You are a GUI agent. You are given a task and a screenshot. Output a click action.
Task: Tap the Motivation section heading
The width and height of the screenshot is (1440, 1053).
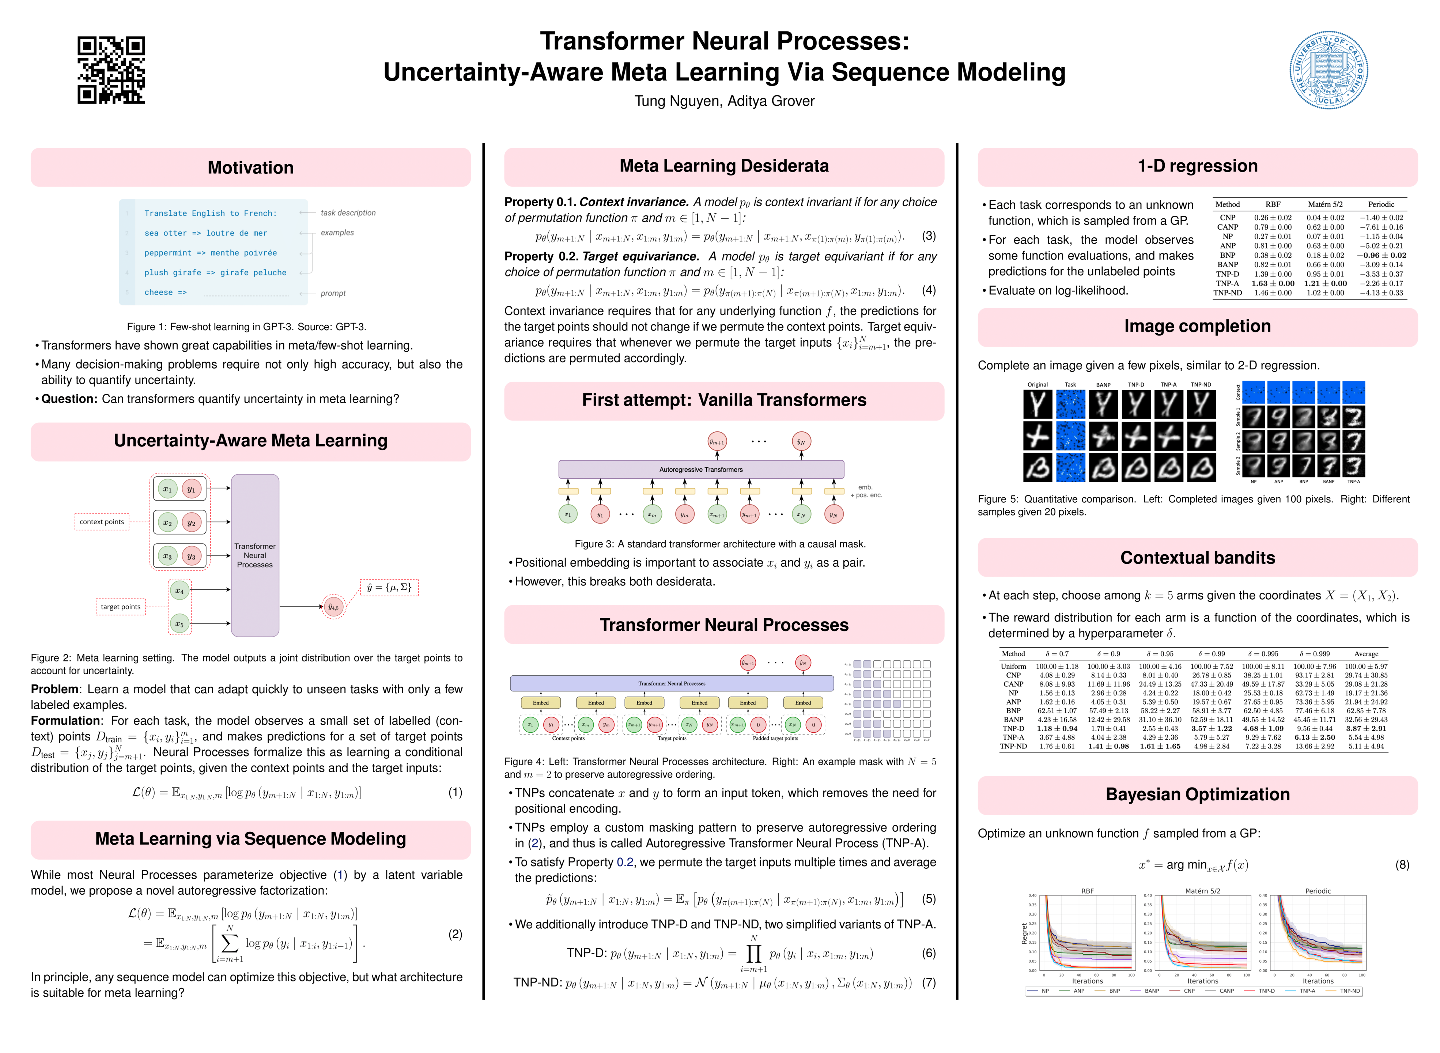click(x=250, y=167)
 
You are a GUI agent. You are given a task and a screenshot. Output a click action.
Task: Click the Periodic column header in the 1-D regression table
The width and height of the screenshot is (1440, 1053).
click(x=1380, y=205)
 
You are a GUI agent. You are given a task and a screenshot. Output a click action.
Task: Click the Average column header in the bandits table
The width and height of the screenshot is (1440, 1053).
click(x=1365, y=654)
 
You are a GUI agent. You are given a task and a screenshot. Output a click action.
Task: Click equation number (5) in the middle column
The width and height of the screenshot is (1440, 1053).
click(x=928, y=899)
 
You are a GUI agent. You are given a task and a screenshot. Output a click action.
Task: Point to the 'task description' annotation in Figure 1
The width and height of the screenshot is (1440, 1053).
click(x=348, y=213)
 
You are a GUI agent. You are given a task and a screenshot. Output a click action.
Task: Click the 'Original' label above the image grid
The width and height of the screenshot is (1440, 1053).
click(x=1037, y=384)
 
